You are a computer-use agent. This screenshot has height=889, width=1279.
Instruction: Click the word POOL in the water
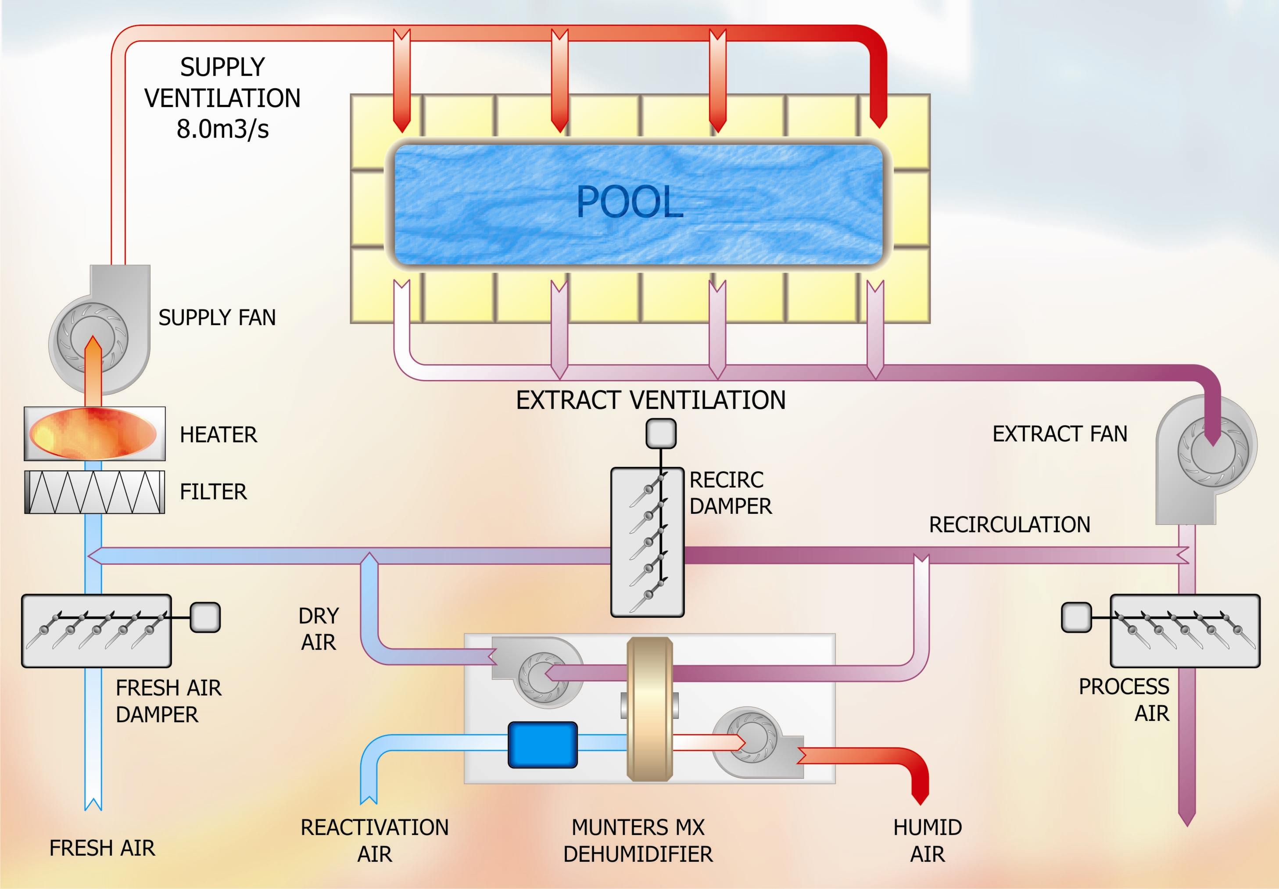coord(630,202)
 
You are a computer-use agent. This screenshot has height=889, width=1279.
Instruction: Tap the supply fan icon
coord(89,337)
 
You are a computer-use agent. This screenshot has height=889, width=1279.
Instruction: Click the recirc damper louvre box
coord(647,542)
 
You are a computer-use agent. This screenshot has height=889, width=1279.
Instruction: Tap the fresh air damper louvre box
coord(96,631)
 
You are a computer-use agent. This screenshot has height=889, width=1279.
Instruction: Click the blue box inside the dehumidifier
coord(542,744)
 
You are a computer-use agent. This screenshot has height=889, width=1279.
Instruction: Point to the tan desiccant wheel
coord(650,709)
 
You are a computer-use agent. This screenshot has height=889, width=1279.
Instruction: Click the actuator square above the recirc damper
coord(661,434)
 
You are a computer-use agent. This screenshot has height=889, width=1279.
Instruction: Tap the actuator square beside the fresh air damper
coord(205,618)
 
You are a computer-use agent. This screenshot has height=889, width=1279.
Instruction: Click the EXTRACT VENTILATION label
coord(650,400)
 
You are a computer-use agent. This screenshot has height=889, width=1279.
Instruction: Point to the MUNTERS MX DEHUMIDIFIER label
coord(638,841)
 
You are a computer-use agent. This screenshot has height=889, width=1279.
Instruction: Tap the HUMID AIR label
coord(928,841)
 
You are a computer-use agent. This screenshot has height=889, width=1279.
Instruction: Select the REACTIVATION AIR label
coord(374,841)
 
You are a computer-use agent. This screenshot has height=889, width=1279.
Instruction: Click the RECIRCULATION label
coord(1010,525)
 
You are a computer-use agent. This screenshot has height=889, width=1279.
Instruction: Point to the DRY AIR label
coord(319,629)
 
